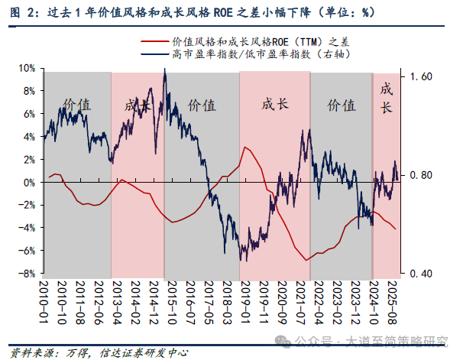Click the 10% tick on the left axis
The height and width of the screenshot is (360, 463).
(x=24, y=68)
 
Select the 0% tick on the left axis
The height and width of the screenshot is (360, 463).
(x=28, y=183)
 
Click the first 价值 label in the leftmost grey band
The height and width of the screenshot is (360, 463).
(x=76, y=105)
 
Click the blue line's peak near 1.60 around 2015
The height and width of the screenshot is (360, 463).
(x=165, y=70)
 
